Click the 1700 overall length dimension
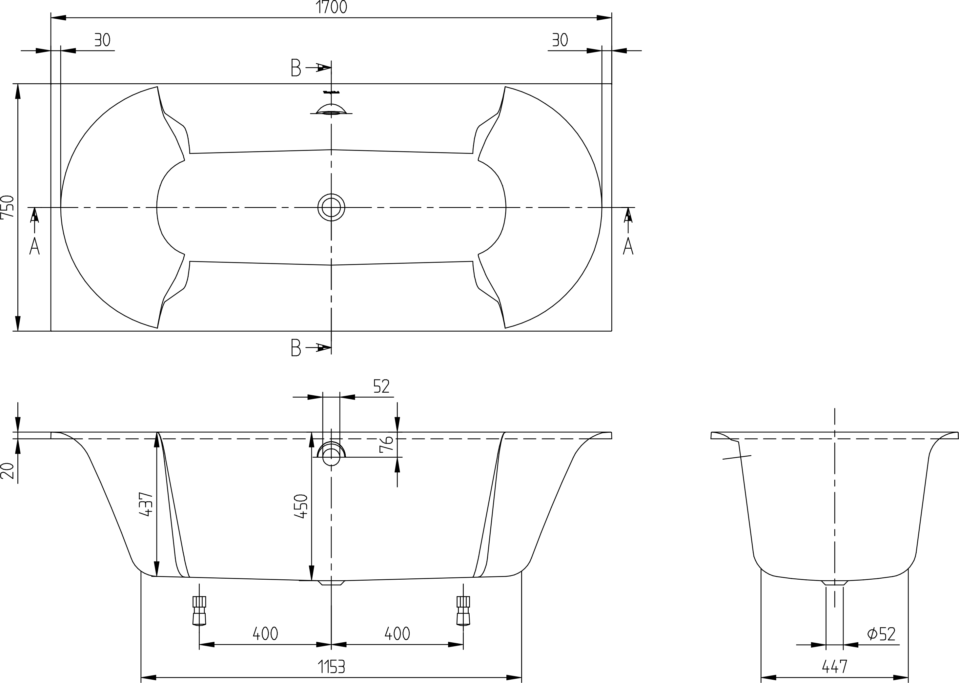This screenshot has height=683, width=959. [331, 7]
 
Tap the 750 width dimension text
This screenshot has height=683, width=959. [7, 207]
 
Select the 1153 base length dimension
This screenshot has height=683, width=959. [331, 666]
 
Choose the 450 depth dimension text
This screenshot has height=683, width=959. [301, 506]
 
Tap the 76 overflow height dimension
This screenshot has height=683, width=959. [386, 444]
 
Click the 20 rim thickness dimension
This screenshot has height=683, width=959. [7, 471]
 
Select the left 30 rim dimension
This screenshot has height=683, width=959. [102, 40]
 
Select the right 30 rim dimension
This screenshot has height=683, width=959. [560, 40]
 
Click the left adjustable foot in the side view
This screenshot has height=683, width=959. [199, 610]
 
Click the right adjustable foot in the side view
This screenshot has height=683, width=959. [463, 610]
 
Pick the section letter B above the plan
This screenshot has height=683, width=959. [296, 67]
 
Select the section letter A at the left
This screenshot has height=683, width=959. [34, 246]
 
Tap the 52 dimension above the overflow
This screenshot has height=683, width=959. [382, 386]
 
